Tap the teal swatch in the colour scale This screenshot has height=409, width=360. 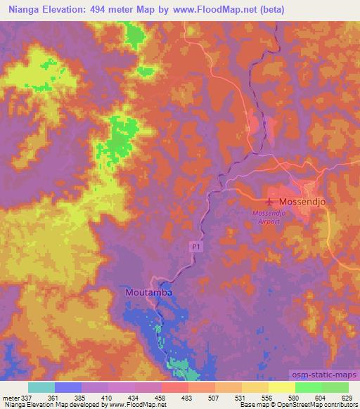(41, 387)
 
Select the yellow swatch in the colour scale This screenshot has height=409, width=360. (282, 387)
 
